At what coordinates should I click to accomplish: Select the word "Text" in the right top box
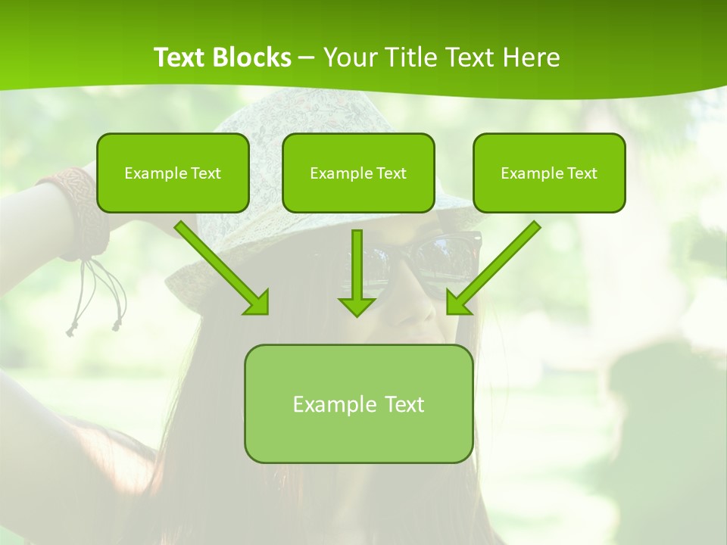[x=582, y=173]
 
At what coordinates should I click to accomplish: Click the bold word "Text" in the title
[x=180, y=58]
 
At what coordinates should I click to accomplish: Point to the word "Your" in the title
[x=349, y=58]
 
